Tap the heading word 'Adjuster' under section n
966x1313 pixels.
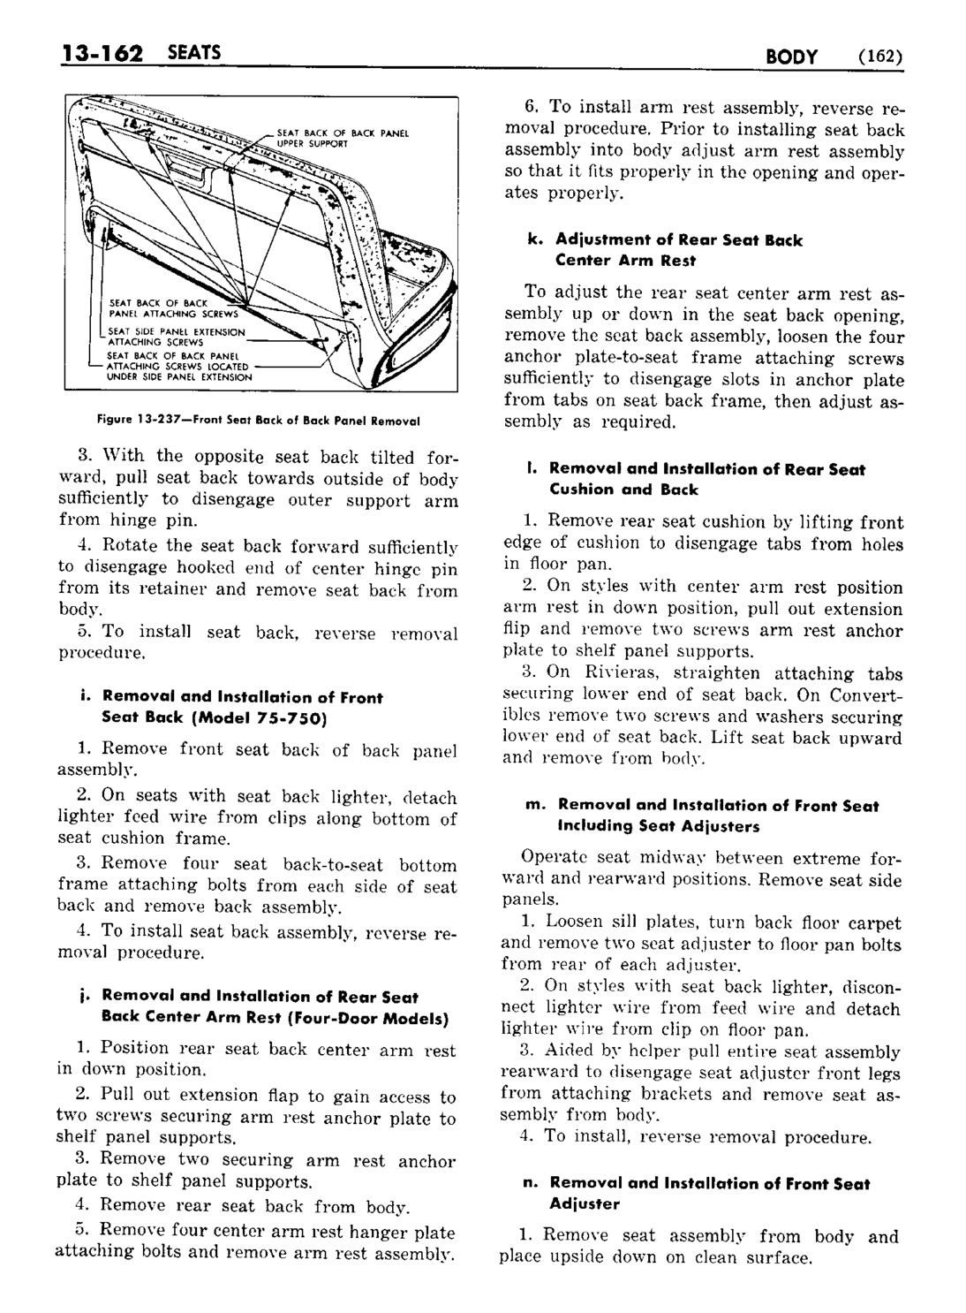point(585,1203)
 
